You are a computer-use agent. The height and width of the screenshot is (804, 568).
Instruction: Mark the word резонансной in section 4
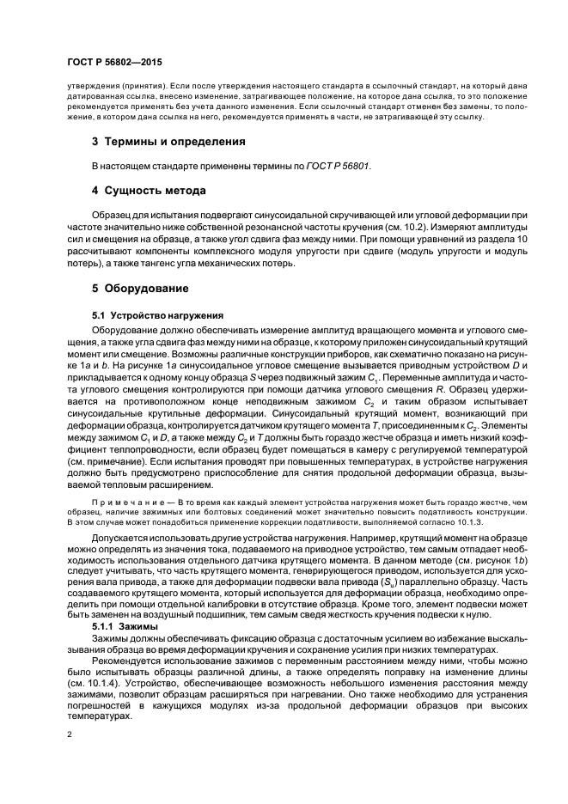click(x=266, y=224)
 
